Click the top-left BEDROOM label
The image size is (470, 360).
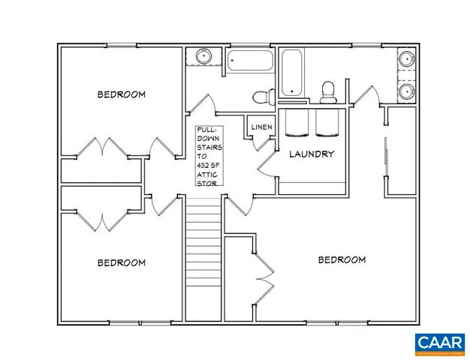(121, 94)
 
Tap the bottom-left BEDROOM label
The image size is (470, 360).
(121, 262)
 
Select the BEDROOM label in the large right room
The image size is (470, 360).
(342, 259)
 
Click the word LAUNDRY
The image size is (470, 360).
(312, 154)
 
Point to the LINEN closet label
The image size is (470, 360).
(261, 127)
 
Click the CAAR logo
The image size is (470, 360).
(440, 342)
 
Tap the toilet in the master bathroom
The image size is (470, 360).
(327, 92)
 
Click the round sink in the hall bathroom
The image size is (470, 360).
(203, 57)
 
